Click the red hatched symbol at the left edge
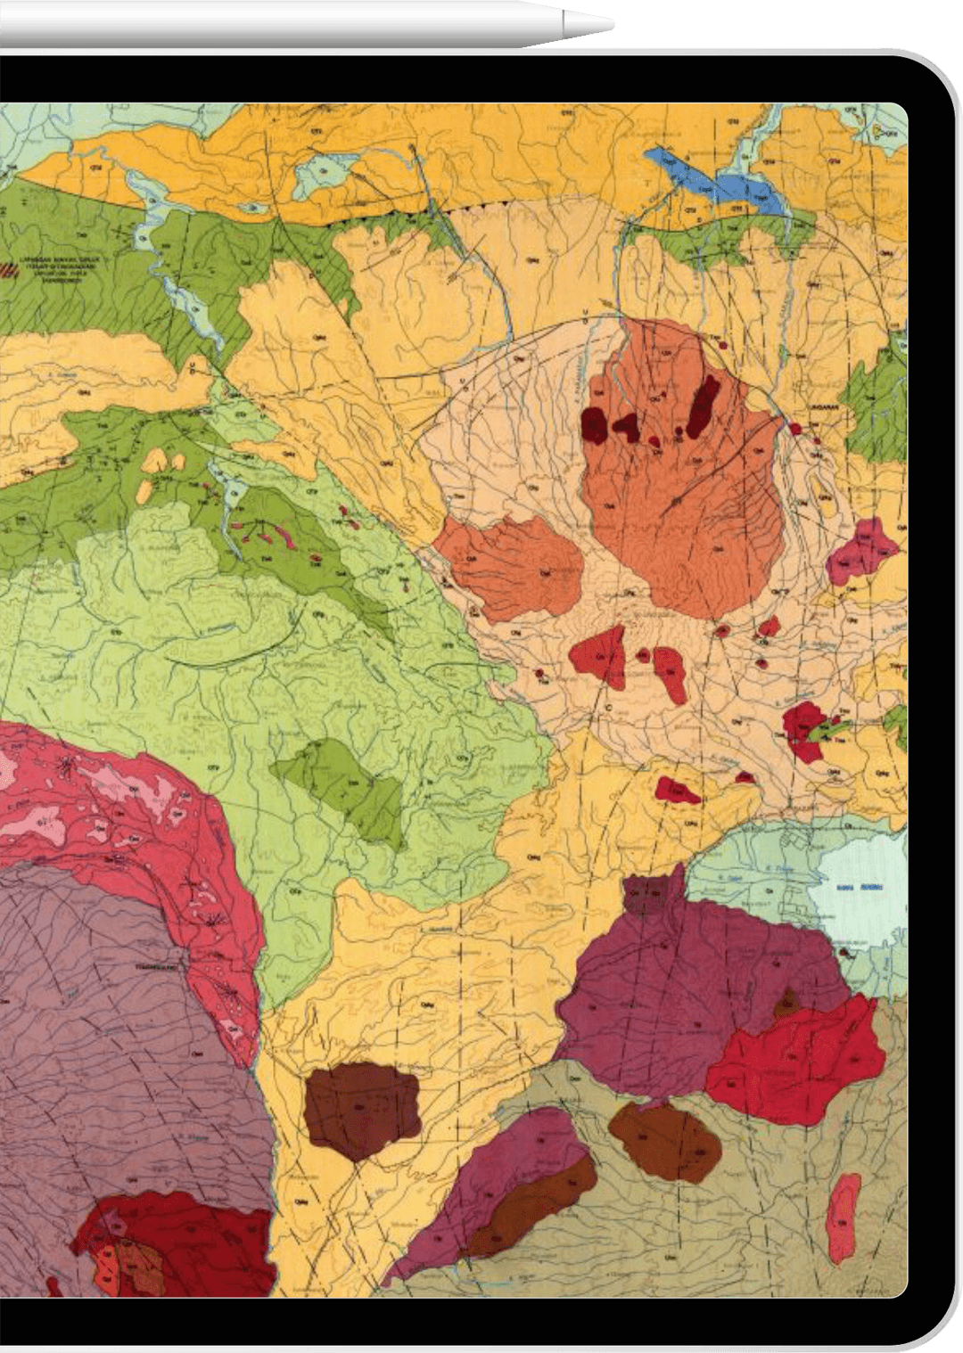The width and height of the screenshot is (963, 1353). pos(30,266)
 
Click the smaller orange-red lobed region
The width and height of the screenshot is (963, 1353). pos(511,567)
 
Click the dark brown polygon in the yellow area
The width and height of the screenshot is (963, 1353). pos(360,1111)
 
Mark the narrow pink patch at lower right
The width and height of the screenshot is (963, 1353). pos(844,1218)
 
